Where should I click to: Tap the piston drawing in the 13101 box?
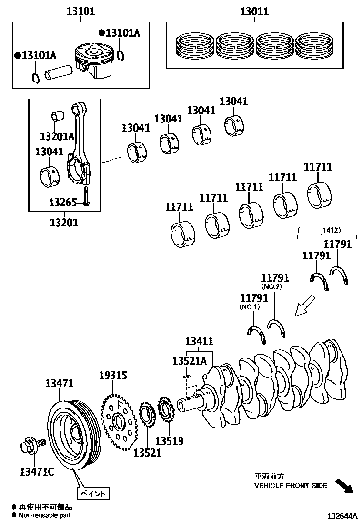click(95, 60)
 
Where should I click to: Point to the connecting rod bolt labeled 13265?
click(85, 196)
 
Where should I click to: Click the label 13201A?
click(57, 137)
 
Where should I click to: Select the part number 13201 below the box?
click(64, 222)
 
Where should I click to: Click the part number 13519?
click(169, 441)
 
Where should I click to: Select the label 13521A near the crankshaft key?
click(189, 361)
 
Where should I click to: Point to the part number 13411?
click(199, 341)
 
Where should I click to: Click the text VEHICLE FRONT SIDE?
click(291, 486)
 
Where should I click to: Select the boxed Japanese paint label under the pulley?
click(92, 492)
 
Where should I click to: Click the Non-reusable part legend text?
click(45, 515)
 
